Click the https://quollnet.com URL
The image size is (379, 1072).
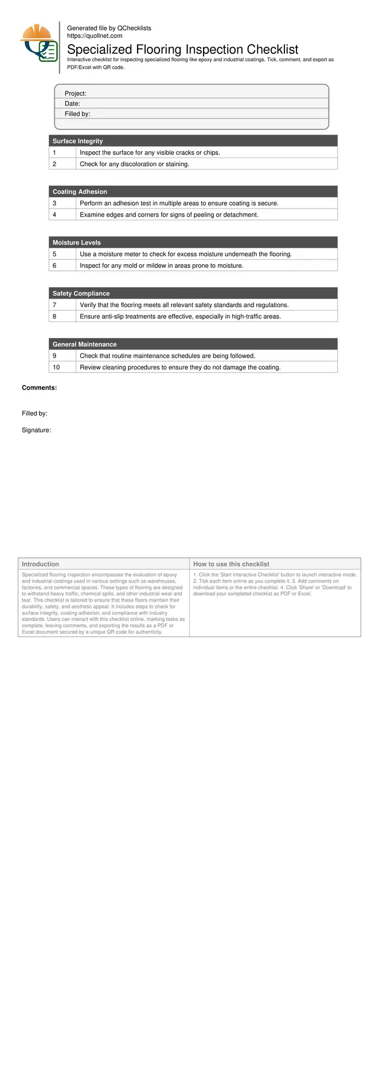coord(95,36)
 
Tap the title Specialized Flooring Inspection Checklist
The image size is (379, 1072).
coord(182,49)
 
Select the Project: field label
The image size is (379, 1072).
coord(75,93)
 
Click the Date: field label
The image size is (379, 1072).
coord(72,104)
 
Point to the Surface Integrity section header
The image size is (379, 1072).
coord(77,141)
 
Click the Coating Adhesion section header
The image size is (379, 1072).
coord(80,192)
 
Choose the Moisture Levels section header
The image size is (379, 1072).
coord(76,243)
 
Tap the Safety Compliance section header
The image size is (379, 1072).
coord(81,293)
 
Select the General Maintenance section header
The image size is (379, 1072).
coord(84,344)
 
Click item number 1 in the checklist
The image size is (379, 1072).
coord(54,153)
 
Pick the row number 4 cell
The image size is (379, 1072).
coord(54,215)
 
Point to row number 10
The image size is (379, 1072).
coord(56,367)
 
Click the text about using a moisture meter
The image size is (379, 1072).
coord(185,254)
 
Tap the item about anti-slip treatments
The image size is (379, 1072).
coord(180,316)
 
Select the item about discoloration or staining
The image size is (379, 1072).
coord(134,164)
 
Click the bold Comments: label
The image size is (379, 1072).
coord(39,388)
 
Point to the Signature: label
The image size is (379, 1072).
coord(36,430)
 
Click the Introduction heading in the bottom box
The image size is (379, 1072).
coord(40,564)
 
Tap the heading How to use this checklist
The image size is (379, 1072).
coord(230,564)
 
